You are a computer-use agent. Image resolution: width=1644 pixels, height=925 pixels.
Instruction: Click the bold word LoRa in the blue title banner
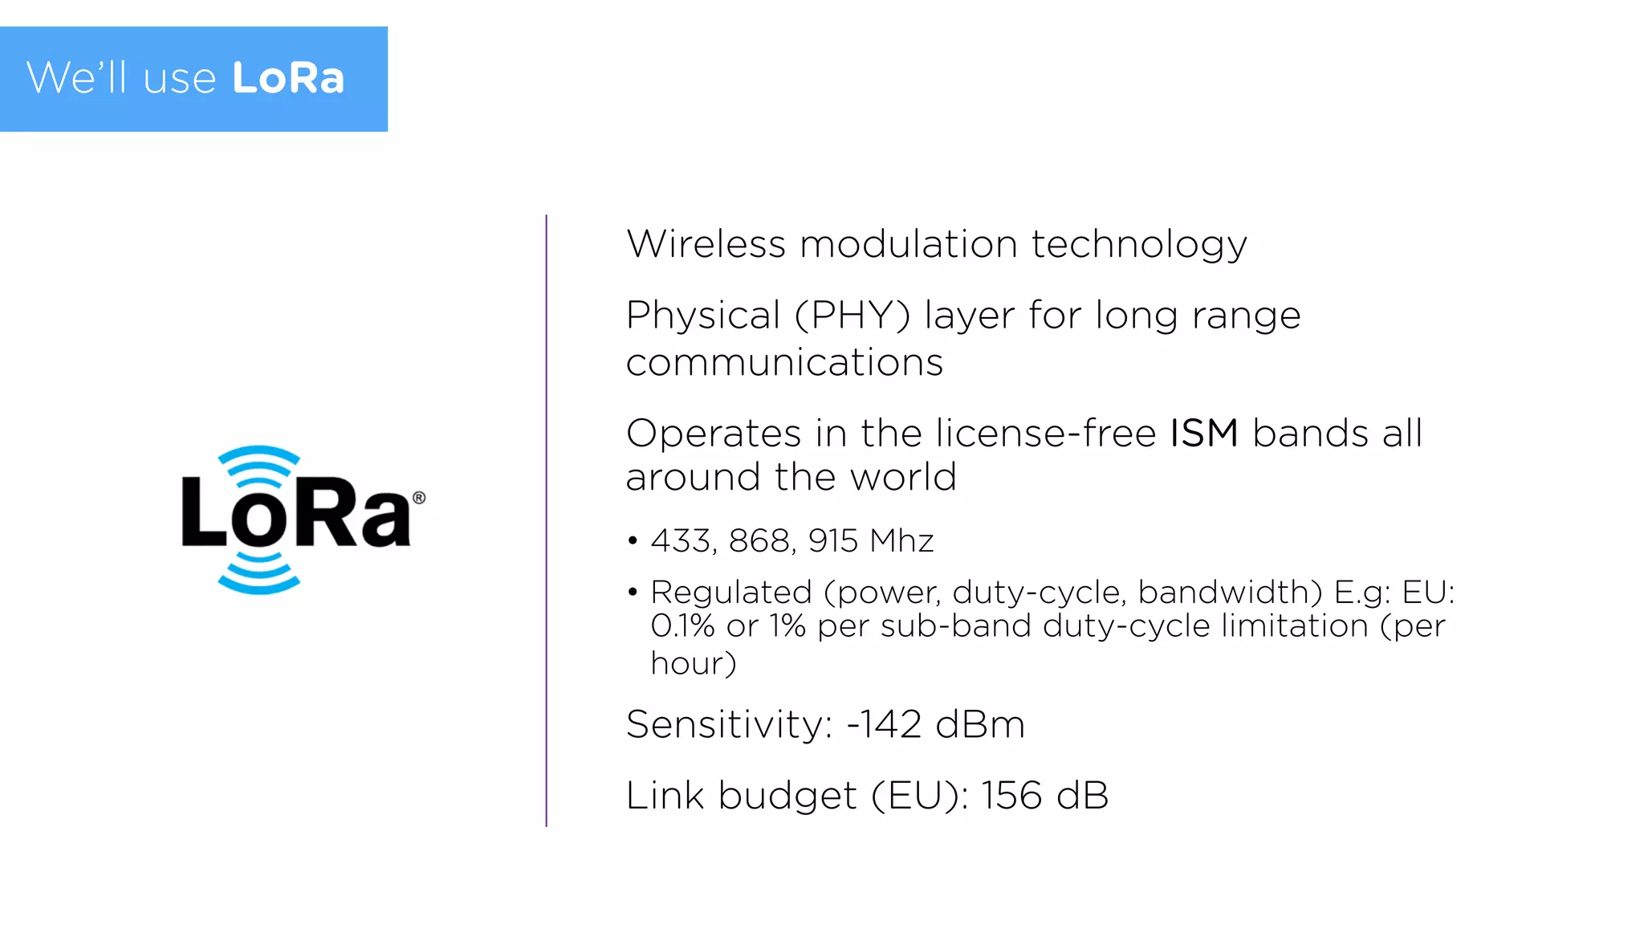288,78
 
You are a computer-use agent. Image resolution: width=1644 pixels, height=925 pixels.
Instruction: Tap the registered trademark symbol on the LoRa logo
419,498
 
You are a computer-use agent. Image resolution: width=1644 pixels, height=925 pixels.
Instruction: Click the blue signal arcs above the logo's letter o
258,466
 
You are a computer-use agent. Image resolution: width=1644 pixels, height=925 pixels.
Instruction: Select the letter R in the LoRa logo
319,512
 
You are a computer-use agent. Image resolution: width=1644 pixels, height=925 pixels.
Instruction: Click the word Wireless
706,244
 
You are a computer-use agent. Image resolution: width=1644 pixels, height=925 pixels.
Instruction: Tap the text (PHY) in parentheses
853,316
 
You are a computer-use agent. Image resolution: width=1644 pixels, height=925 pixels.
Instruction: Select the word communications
784,362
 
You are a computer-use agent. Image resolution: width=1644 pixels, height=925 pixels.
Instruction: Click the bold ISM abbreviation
1203,434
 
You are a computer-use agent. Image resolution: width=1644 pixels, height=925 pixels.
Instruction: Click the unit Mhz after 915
901,541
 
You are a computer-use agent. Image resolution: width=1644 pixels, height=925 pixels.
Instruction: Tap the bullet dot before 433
633,541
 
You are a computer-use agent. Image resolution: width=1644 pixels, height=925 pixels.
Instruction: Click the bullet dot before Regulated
633,593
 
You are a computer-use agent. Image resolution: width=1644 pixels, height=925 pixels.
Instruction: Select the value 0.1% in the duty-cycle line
682,626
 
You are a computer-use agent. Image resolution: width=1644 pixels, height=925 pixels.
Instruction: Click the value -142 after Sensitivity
884,724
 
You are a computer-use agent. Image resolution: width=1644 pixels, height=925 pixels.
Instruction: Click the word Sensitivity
729,724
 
